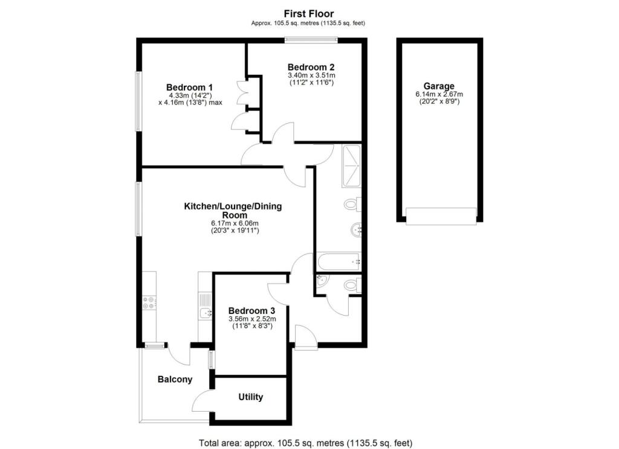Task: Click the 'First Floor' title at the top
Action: point(309,13)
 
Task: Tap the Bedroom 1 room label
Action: point(189,87)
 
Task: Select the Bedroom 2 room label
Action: point(311,67)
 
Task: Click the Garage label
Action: point(439,86)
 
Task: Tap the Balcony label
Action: point(175,380)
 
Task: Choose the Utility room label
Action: point(250,397)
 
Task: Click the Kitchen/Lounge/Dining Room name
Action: point(233,211)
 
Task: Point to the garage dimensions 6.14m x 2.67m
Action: point(439,95)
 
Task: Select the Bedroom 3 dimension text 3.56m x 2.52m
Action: point(251,319)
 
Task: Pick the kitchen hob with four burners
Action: point(149,304)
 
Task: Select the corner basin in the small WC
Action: point(320,280)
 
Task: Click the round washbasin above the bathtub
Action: point(356,229)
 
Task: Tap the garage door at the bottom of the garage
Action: point(441,216)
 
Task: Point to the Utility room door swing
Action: point(202,401)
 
